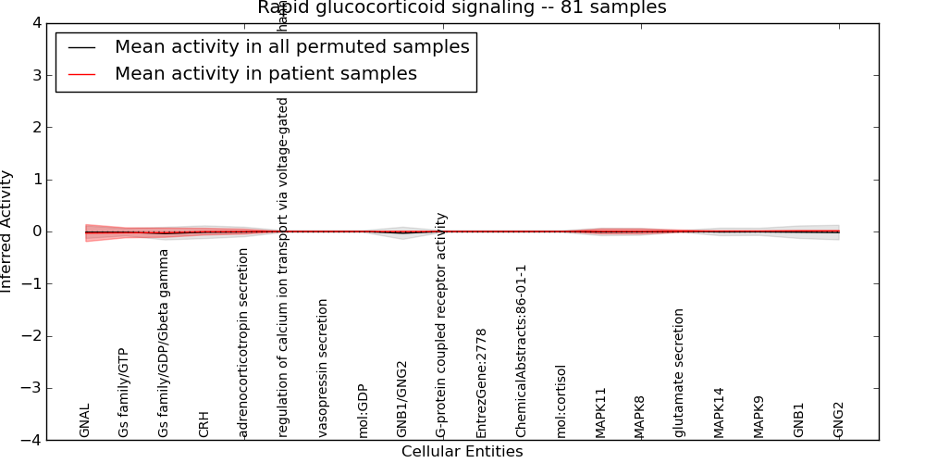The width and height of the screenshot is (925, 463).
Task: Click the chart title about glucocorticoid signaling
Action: click(x=462, y=8)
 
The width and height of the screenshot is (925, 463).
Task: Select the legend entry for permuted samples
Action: click(x=291, y=47)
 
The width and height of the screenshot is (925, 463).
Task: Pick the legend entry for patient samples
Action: click(x=265, y=74)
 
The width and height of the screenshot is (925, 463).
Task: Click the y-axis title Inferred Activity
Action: click(x=7, y=231)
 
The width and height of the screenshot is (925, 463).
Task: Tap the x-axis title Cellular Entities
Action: click(x=462, y=452)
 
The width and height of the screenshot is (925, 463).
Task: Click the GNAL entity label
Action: click(x=85, y=419)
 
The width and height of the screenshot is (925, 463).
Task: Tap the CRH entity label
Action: click(x=204, y=423)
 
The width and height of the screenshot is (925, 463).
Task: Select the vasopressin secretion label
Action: click(x=323, y=368)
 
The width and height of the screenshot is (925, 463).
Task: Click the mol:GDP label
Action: click(x=363, y=410)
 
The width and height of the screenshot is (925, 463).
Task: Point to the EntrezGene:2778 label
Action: click(x=482, y=382)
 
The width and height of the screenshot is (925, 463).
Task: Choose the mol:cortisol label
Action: click(x=561, y=401)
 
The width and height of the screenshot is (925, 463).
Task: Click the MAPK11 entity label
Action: click(x=600, y=412)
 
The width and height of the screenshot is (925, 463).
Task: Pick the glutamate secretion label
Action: click(x=680, y=372)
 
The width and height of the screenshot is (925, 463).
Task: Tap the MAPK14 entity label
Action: click(x=720, y=412)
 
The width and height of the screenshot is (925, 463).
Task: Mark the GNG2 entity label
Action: click(x=839, y=419)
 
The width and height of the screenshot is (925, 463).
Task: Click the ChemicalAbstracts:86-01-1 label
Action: click(x=522, y=351)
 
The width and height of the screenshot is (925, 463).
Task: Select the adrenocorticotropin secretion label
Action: click(x=243, y=343)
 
